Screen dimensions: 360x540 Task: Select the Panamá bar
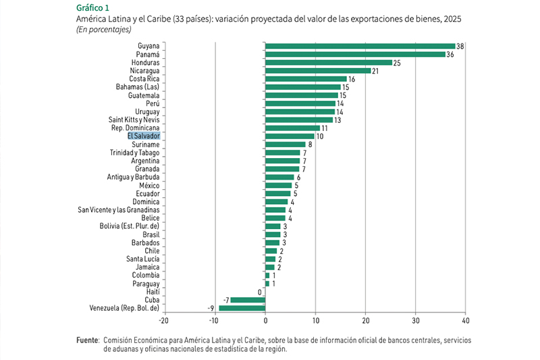coord(355,54)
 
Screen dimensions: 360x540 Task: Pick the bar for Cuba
coord(248,300)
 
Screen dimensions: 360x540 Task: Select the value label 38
coord(460,46)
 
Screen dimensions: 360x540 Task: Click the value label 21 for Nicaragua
coord(375,70)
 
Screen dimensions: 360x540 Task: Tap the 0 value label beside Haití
coord(259,292)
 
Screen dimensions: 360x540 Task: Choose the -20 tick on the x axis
coord(164,320)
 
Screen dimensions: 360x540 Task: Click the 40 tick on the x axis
coord(465,320)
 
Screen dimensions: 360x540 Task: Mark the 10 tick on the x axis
coord(315,320)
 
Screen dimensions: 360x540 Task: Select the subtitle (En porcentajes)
coord(103,29)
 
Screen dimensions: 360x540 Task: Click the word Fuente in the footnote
coord(86,340)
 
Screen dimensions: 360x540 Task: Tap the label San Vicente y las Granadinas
coord(119,210)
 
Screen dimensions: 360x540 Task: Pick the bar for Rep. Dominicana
coord(292,128)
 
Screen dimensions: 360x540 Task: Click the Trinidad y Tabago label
coord(134,153)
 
